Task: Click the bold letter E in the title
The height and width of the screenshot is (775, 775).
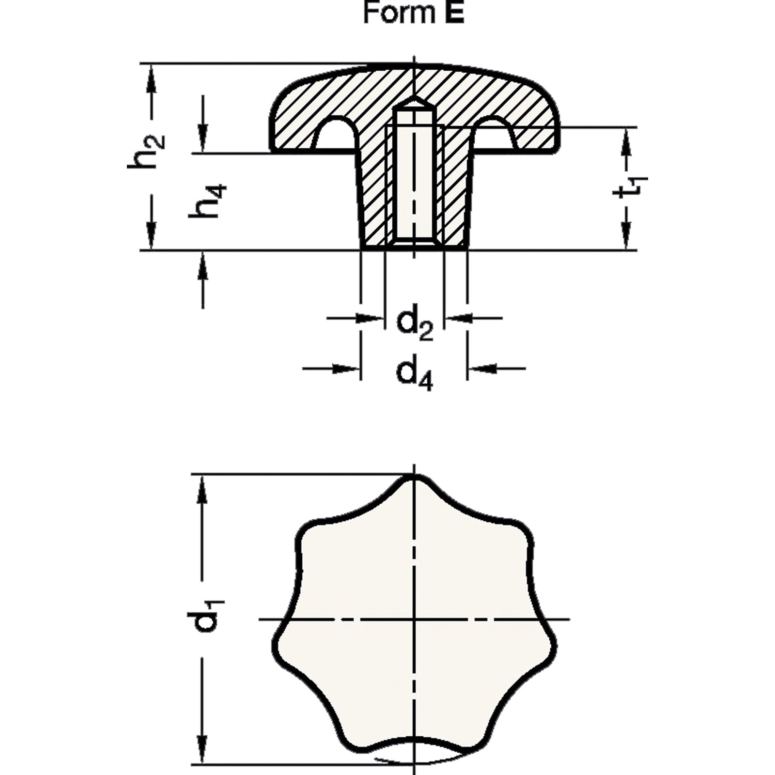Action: (x=455, y=14)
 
